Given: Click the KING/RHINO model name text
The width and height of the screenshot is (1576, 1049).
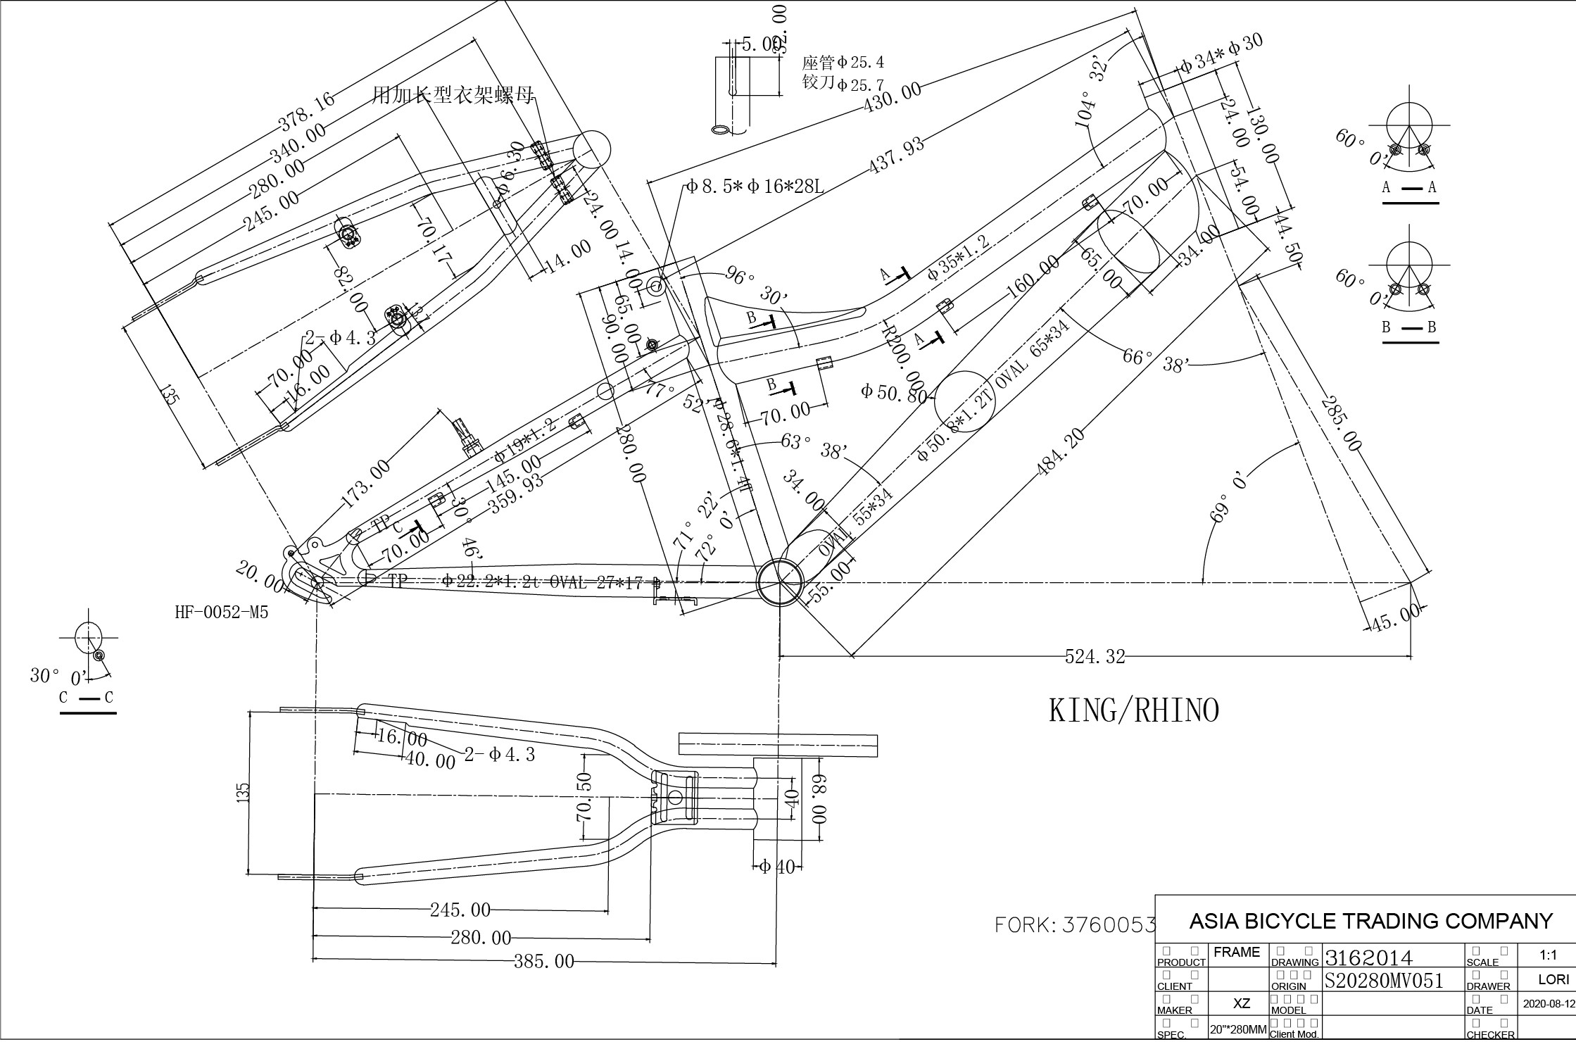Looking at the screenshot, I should tap(1134, 711).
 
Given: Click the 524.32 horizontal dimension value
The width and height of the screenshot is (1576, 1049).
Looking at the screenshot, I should tap(1095, 657).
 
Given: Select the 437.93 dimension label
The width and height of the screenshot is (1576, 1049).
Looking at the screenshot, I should tap(896, 156).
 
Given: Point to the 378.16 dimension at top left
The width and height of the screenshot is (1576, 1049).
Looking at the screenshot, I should tap(307, 111).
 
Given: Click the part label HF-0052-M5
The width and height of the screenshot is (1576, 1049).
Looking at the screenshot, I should tap(221, 613).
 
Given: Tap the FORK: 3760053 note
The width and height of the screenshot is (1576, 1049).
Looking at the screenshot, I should tap(1076, 925).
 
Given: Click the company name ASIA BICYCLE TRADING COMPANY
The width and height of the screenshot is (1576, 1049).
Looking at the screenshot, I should tap(1370, 921).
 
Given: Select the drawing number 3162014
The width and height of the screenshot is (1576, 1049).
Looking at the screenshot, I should tap(1368, 957).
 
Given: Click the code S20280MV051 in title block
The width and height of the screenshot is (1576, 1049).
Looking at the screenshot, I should tap(1384, 981).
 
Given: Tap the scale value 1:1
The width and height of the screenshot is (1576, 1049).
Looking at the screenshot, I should tap(1548, 955).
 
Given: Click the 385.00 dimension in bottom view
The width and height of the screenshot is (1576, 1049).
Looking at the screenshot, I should tap(543, 962).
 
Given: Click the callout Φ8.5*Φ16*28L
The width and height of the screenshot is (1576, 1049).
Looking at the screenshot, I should tap(755, 187).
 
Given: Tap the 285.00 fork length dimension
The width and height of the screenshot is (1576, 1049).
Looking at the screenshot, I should tap(1341, 424).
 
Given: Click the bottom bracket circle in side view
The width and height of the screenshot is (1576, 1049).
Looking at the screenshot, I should tap(780, 582).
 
